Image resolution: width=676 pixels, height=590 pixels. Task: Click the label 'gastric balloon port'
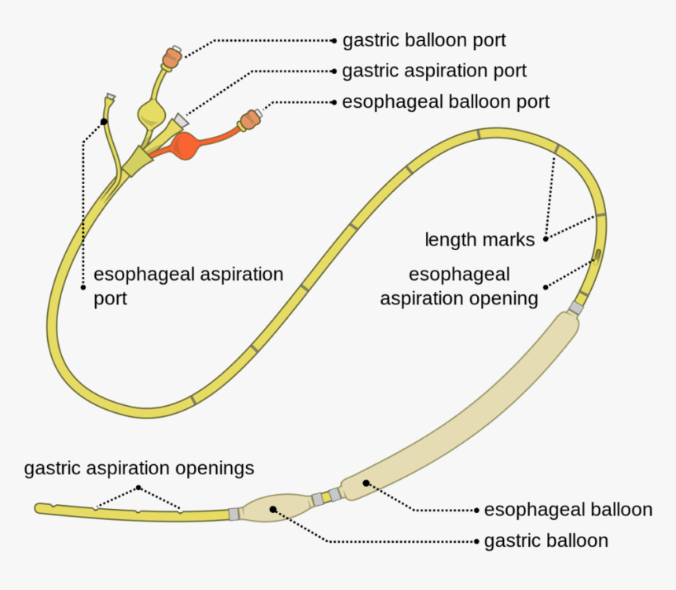pos(424,39)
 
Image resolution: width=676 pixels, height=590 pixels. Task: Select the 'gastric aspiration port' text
pos(434,71)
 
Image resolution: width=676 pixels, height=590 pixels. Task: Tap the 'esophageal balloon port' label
pos(446,101)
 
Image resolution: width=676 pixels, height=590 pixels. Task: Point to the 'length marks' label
pos(479,239)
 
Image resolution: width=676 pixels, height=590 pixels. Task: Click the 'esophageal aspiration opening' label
pos(459,286)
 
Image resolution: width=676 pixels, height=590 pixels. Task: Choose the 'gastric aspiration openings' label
pos(139,469)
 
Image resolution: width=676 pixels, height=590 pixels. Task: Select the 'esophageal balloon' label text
pos(568,510)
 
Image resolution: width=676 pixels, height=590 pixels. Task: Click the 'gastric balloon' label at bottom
pos(546,541)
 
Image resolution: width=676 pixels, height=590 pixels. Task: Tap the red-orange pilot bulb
pos(189,146)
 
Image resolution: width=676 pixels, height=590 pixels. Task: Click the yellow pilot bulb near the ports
pos(152,113)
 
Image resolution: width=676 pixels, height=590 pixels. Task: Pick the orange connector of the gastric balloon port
pos(172,58)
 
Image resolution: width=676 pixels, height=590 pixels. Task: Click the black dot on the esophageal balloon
pos(365,481)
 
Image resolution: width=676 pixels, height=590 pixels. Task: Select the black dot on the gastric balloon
pos(273,509)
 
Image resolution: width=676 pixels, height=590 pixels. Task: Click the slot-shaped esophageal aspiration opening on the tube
pos(597,255)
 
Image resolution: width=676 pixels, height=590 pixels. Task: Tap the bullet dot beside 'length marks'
pos(546,238)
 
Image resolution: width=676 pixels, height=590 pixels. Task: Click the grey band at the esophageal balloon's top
pos(576,308)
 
